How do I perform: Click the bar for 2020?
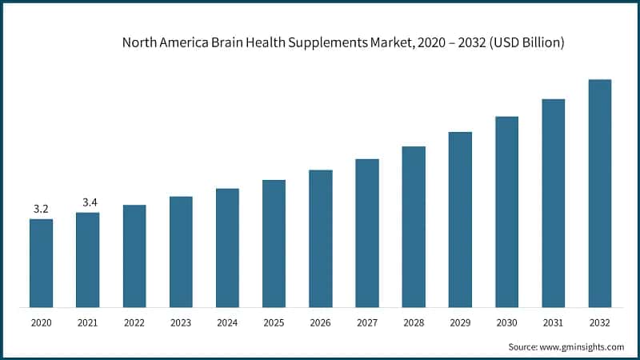click(41, 262)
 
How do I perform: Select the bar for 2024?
click(227, 247)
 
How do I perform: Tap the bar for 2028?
click(414, 226)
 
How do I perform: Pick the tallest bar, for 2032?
click(600, 193)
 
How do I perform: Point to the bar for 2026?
click(320, 238)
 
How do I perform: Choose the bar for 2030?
click(506, 211)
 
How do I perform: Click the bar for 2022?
click(134, 255)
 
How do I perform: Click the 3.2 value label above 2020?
click(41, 209)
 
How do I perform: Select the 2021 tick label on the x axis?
click(88, 322)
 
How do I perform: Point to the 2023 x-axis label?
click(181, 322)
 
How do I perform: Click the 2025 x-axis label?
click(274, 322)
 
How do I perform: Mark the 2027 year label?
click(367, 322)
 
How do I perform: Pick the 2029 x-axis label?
click(460, 322)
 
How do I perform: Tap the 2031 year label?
click(554, 322)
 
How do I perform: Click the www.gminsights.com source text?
click(582, 346)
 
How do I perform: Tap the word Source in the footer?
click(523, 346)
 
